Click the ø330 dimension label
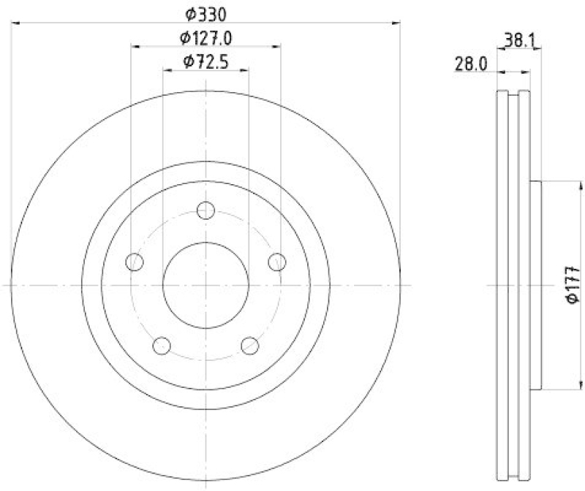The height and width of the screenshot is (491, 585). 204,13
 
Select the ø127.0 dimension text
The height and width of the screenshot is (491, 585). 205,37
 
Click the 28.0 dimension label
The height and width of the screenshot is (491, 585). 471,64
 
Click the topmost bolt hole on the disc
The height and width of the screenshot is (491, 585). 206,211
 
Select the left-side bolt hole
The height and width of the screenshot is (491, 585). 135,262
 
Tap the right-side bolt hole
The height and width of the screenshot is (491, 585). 277,261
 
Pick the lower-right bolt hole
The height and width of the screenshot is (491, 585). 250,345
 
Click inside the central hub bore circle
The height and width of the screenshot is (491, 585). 206,285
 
